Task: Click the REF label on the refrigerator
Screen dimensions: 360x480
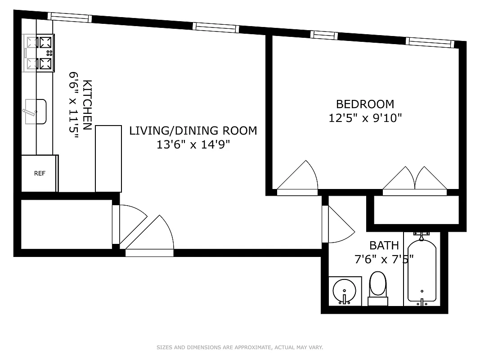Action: click(x=40, y=173)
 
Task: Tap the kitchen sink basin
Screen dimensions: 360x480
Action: click(x=36, y=112)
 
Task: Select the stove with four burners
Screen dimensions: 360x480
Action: click(x=39, y=53)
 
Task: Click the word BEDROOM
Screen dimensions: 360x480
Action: click(x=365, y=104)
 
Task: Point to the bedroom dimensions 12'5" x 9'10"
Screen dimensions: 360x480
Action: click(x=365, y=118)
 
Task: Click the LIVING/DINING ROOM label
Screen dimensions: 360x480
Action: click(x=193, y=130)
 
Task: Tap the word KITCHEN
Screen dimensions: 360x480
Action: click(x=88, y=105)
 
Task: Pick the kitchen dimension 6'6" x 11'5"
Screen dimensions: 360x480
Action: click(x=74, y=105)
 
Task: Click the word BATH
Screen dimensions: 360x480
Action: click(x=384, y=245)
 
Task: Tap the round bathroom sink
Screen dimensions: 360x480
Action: click(x=345, y=291)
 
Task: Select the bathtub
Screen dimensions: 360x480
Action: click(x=422, y=271)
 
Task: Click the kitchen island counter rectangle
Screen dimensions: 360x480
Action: click(x=108, y=159)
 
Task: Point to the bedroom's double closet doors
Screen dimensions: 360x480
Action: click(x=415, y=180)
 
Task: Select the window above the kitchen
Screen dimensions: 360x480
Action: click(x=70, y=18)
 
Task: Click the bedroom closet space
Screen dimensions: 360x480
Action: click(x=416, y=210)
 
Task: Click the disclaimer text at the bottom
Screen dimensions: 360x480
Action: click(x=240, y=347)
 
